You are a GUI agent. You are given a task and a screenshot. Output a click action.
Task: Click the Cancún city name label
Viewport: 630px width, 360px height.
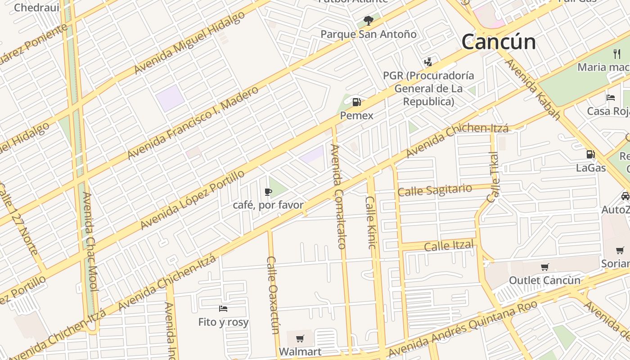(499, 42)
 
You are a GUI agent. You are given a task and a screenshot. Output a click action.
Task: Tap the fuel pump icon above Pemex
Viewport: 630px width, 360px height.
(356, 102)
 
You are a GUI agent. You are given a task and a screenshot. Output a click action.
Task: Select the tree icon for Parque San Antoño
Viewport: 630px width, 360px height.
(368, 20)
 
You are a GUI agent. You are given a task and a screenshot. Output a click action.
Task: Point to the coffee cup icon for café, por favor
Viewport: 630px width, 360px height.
(268, 192)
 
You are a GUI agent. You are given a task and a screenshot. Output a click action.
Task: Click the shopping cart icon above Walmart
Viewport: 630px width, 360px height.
(300, 338)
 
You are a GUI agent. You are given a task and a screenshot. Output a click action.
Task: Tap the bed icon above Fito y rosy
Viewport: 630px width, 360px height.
(223, 309)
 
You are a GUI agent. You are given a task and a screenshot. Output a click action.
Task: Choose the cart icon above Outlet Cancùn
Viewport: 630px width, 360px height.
(544, 267)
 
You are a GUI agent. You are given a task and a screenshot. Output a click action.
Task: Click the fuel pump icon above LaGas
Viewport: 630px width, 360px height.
(590, 154)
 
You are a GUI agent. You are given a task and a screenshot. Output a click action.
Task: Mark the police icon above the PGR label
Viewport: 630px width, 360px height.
(428, 62)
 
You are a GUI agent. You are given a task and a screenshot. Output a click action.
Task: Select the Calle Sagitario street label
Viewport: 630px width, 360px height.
(435, 190)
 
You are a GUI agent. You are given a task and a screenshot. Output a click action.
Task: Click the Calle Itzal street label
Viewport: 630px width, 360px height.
(449, 246)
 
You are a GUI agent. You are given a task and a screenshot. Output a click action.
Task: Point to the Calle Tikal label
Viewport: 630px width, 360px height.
(493, 177)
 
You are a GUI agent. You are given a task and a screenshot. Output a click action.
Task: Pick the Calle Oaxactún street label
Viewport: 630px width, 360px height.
(273, 295)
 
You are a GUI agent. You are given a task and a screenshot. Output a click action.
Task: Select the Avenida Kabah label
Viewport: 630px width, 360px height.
(533, 90)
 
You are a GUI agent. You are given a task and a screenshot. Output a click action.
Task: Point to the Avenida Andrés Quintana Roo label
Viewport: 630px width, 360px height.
(463, 328)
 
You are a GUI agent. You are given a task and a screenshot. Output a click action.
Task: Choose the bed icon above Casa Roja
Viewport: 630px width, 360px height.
(611, 98)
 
